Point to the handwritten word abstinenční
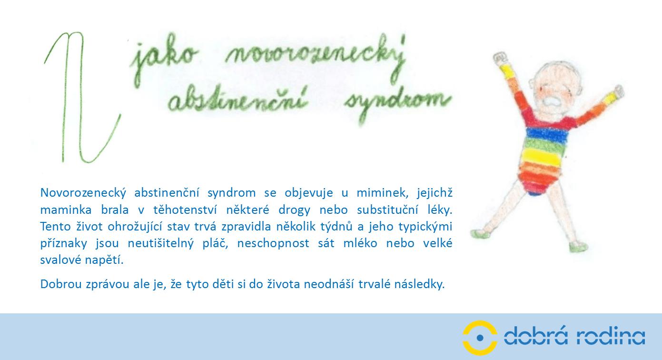(238, 100)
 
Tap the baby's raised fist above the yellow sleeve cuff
(499, 58)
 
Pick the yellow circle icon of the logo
(480, 338)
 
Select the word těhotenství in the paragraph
(185, 210)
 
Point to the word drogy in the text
(294, 210)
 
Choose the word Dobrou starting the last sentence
(61, 284)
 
